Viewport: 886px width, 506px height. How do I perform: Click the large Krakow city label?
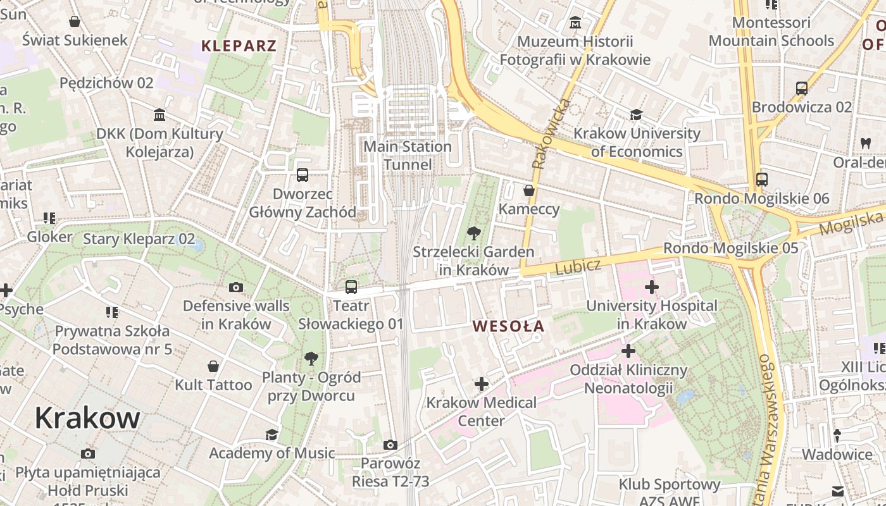pyautogui.click(x=87, y=418)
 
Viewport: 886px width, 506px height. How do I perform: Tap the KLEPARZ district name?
pyautogui.click(x=239, y=46)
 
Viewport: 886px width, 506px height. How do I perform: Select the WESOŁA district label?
pyautogui.click(x=508, y=326)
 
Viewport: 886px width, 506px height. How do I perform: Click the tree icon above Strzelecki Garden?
pyautogui.click(x=473, y=233)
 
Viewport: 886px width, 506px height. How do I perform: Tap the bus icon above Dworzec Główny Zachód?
pyautogui.click(x=303, y=175)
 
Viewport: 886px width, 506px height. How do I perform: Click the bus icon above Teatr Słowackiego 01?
pyautogui.click(x=351, y=287)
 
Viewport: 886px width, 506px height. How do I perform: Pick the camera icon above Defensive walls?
pyautogui.click(x=236, y=288)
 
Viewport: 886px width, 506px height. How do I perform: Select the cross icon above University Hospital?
pyautogui.click(x=651, y=288)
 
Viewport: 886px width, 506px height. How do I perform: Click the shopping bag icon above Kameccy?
pyautogui.click(x=529, y=190)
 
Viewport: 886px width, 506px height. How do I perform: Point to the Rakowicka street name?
pyautogui.click(x=549, y=133)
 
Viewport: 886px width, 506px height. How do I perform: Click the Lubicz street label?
pyautogui.click(x=577, y=266)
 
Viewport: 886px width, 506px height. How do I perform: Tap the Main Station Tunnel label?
pyautogui.click(x=407, y=156)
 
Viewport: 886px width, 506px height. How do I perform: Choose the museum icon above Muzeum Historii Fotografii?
pyautogui.click(x=575, y=23)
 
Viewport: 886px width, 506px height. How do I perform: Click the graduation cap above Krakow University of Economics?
pyautogui.click(x=636, y=115)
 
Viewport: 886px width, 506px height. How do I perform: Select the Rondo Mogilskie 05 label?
pyautogui.click(x=730, y=248)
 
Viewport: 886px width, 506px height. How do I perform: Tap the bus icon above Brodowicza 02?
pyautogui.click(x=802, y=89)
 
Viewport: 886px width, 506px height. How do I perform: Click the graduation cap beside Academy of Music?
pyautogui.click(x=271, y=435)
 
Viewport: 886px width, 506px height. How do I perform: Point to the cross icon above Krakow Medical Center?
pyautogui.click(x=482, y=384)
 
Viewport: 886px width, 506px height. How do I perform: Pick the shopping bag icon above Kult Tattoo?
pyautogui.click(x=213, y=367)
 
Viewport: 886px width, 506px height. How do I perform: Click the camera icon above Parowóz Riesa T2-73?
pyautogui.click(x=390, y=445)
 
